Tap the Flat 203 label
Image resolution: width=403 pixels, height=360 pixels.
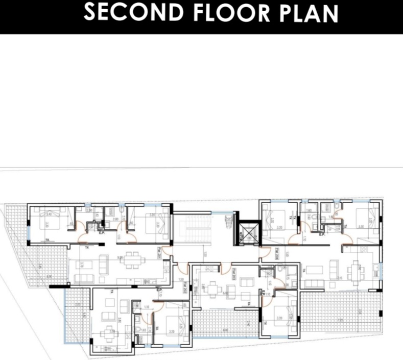click(x=233, y=273)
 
